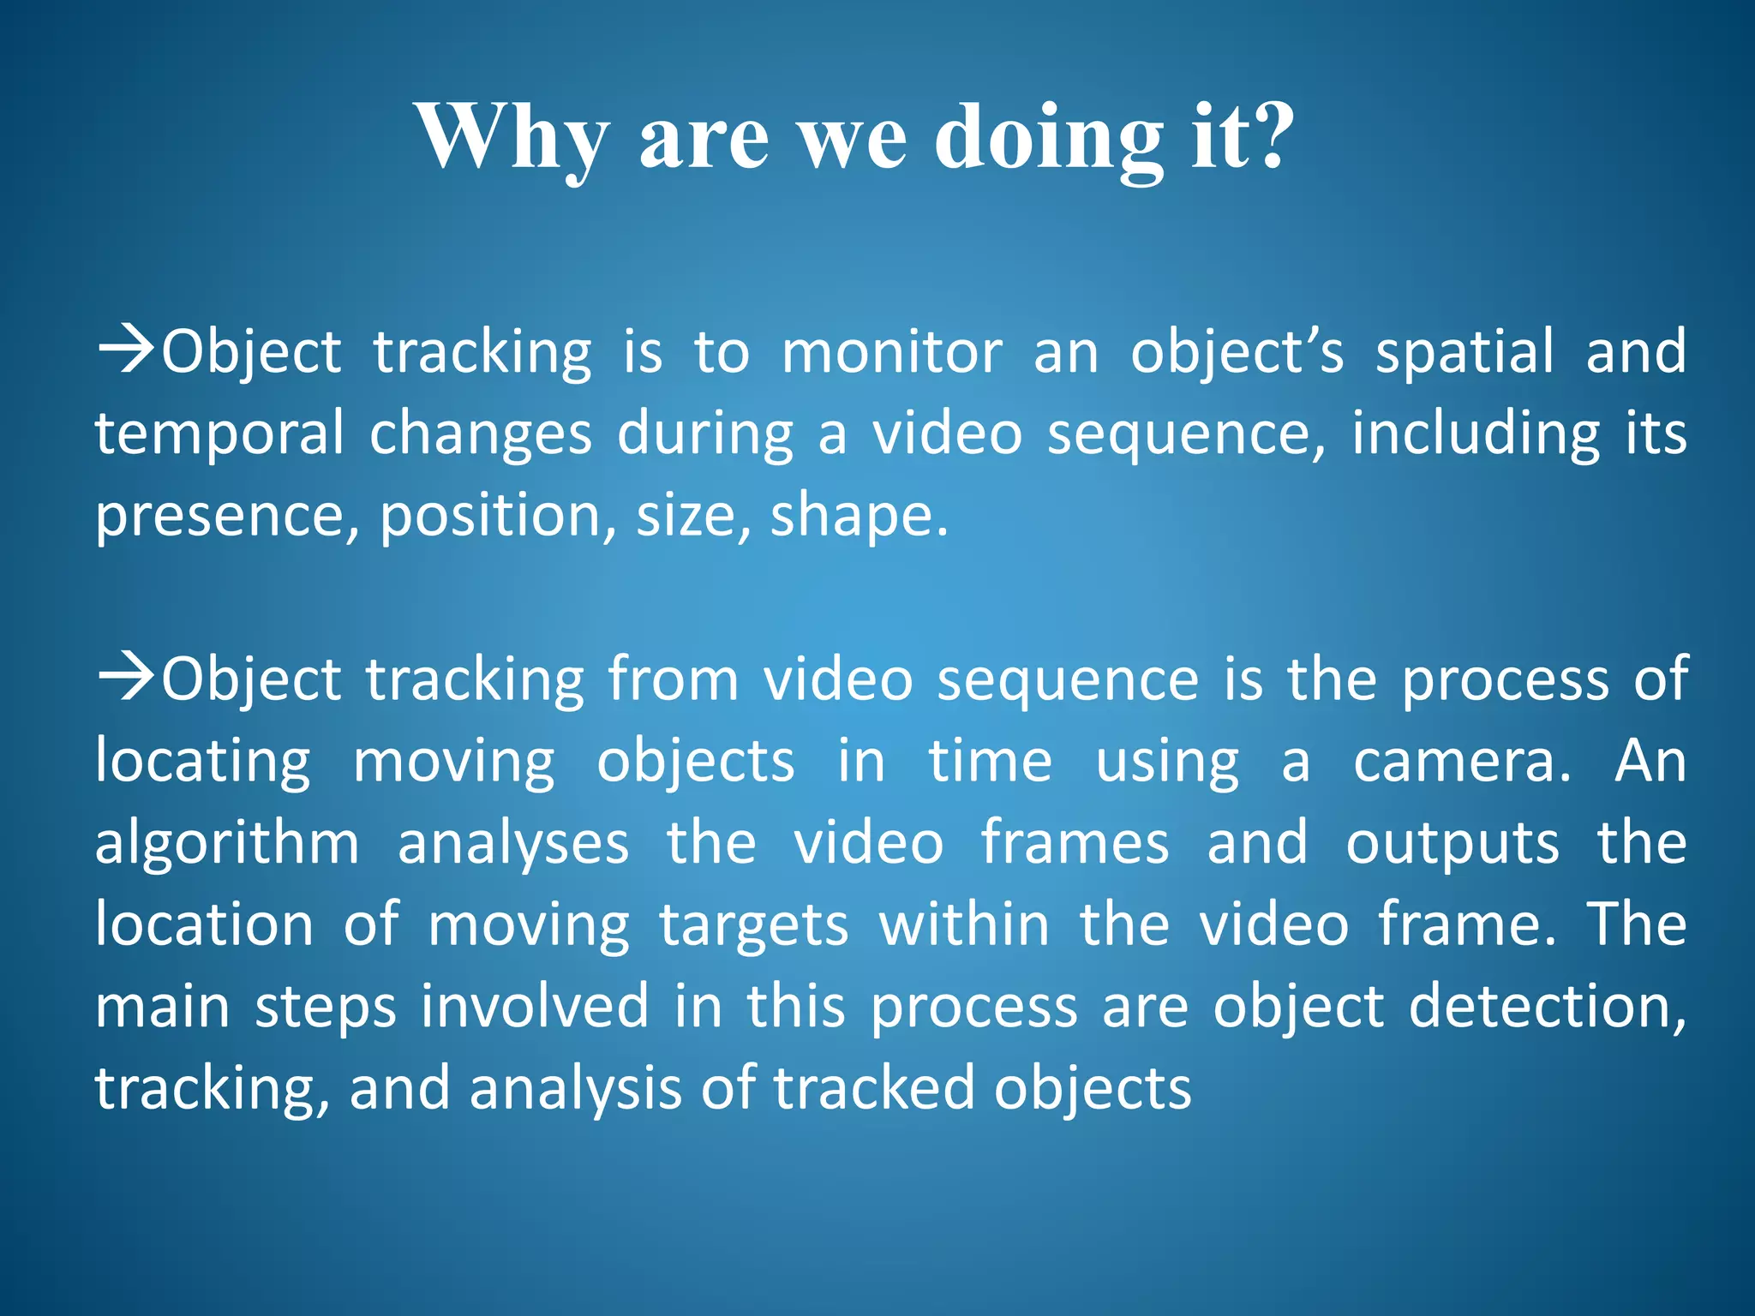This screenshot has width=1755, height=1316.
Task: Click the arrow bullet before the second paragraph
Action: (x=126, y=677)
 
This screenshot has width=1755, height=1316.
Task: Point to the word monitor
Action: (x=892, y=352)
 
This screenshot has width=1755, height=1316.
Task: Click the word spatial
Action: (x=1464, y=352)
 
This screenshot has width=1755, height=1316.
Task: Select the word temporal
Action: (x=219, y=434)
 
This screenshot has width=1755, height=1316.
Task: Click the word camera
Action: (x=1462, y=762)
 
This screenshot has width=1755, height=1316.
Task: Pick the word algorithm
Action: (x=226, y=844)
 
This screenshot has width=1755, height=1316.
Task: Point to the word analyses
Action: (x=513, y=844)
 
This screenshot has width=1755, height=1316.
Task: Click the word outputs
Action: (x=1453, y=844)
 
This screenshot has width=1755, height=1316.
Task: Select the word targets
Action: (x=754, y=926)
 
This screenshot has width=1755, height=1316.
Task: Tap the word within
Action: (x=964, y=924)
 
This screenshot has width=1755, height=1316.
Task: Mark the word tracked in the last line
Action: (x=874, y=1088)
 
